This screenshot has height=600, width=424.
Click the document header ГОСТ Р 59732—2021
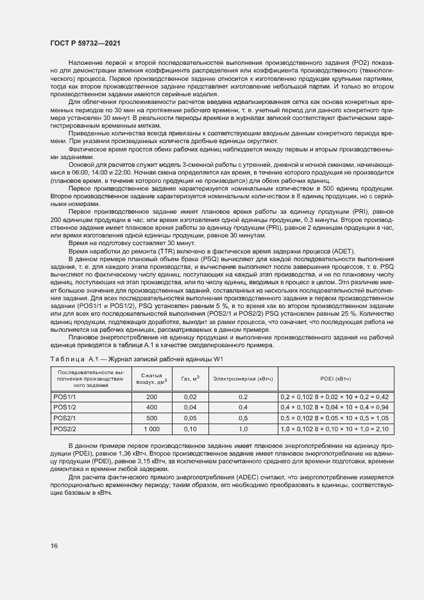83,43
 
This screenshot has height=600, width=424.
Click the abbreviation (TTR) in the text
159,251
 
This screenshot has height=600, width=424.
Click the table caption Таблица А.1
71,357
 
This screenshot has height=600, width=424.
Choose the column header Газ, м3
190,379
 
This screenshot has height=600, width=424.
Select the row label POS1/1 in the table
65,397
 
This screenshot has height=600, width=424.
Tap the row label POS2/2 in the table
65,428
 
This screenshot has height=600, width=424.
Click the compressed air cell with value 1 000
151,428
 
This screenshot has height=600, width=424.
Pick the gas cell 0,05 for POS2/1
190,418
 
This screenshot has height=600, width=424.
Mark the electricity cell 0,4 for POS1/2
243,407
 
